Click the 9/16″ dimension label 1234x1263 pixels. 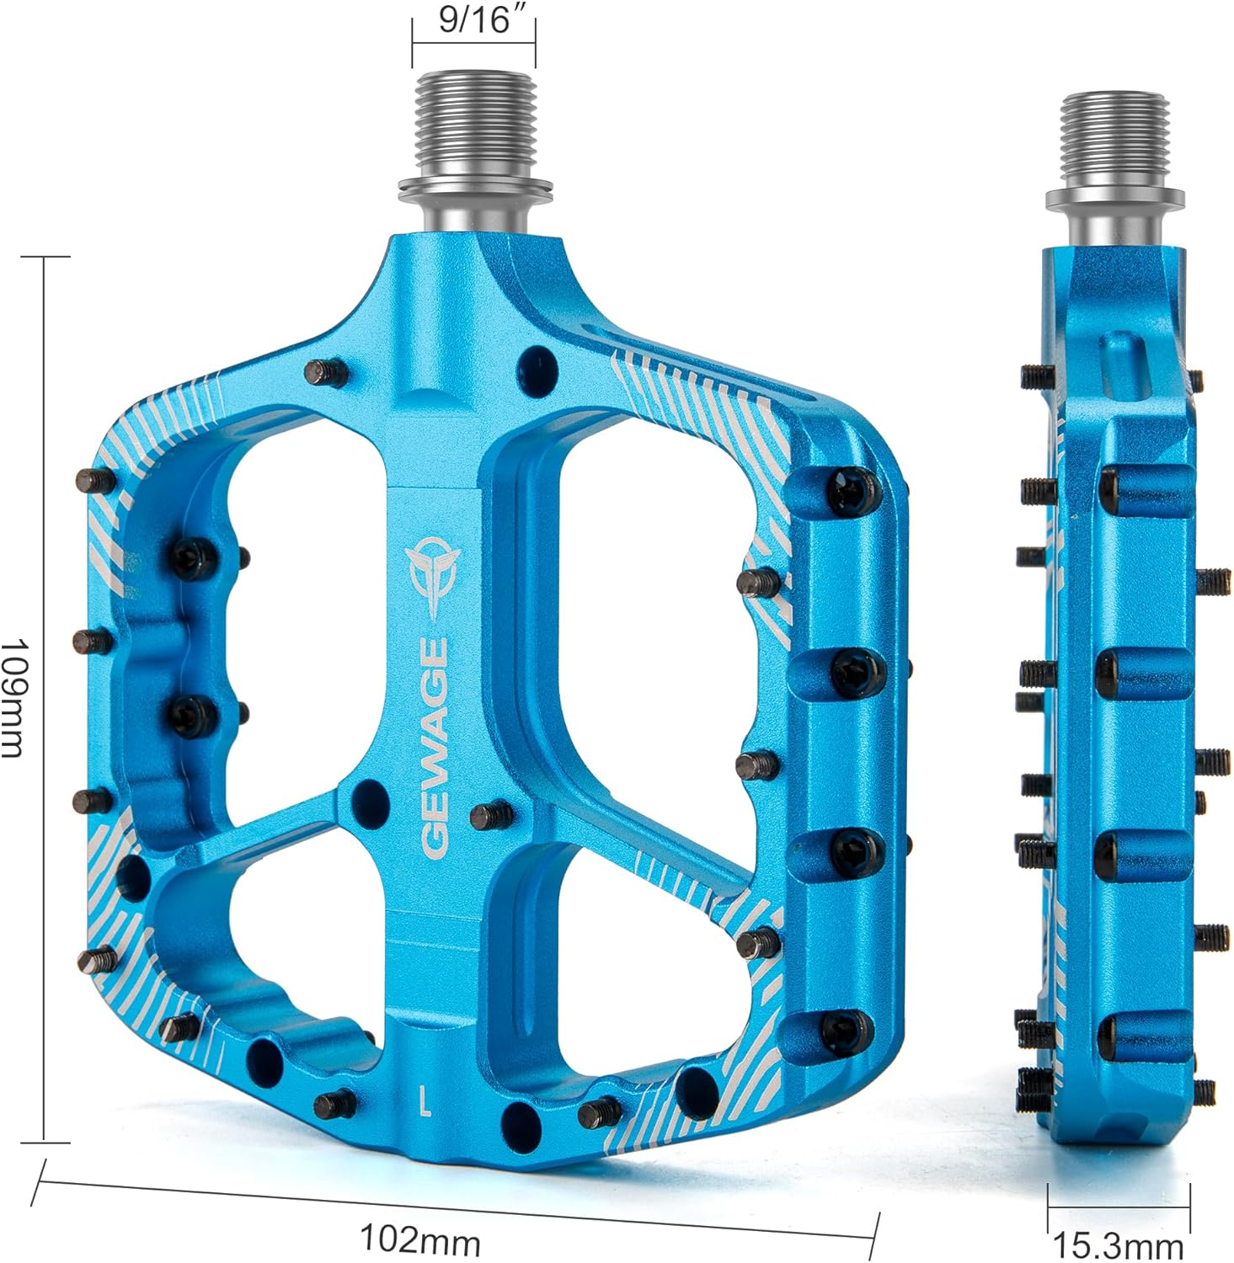(x=475, y=19)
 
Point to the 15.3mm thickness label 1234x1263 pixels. (x=1119, y=1244)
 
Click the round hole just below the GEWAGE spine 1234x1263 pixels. (x=368, y=795)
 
